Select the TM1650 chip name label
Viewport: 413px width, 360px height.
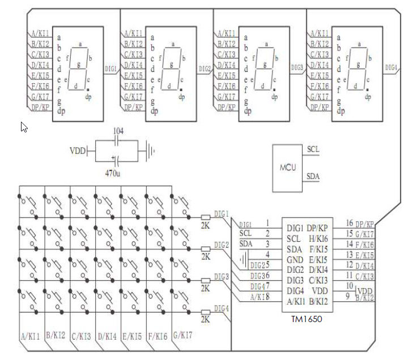pyautogui.click(x=306, y=319)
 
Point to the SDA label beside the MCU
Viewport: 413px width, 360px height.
pyautogui.click(x=313, y=177)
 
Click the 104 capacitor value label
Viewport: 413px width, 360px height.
pyautogui.click(x=118, y=131)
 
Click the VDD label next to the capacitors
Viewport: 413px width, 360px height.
pyautogui.click(x=78, y=152)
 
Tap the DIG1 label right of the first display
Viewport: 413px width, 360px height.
pyautogui.click(x=111, y=68)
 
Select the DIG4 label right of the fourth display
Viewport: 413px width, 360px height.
pyautogui.click(x=391, y=68)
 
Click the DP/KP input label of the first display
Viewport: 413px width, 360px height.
pyautogui.click(x=40, y=108)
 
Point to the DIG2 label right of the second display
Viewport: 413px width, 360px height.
pyautogui.click(x=205, y=68)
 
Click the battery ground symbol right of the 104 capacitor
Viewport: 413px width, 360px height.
pyautogui.click(x=150, y=151)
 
